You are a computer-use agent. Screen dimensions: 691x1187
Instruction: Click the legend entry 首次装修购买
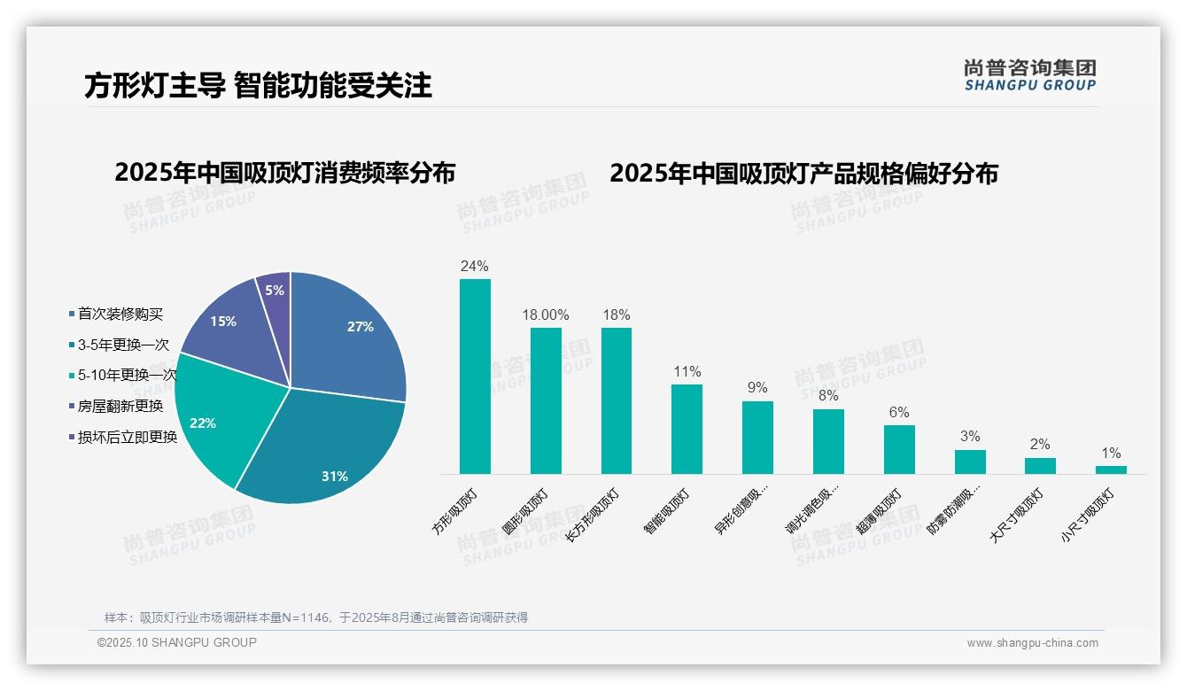click(120, 314)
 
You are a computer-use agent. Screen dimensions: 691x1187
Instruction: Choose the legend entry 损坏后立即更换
click(127, 437)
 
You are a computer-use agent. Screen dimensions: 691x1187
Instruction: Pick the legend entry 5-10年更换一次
click(127, 376)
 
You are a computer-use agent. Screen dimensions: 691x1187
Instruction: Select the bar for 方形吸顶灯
click(475, 377)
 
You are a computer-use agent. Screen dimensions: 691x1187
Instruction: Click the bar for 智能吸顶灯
click(687, 429)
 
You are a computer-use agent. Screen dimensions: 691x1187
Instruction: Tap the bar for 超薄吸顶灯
click(899, 449)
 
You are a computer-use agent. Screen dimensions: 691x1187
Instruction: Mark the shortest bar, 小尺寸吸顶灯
click(1111, 470)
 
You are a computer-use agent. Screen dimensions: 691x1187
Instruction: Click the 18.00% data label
click(546, 315)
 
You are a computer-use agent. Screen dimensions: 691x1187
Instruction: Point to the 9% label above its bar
click(757, 388)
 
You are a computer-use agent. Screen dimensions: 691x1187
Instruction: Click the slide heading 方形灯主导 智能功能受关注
click(258, 85)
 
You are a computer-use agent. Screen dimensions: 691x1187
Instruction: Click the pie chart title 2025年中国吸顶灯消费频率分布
click(284, 173)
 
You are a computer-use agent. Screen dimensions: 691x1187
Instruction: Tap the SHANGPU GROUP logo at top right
click(1029, 75)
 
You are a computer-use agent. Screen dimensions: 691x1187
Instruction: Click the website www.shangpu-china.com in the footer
click(1032, 643)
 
